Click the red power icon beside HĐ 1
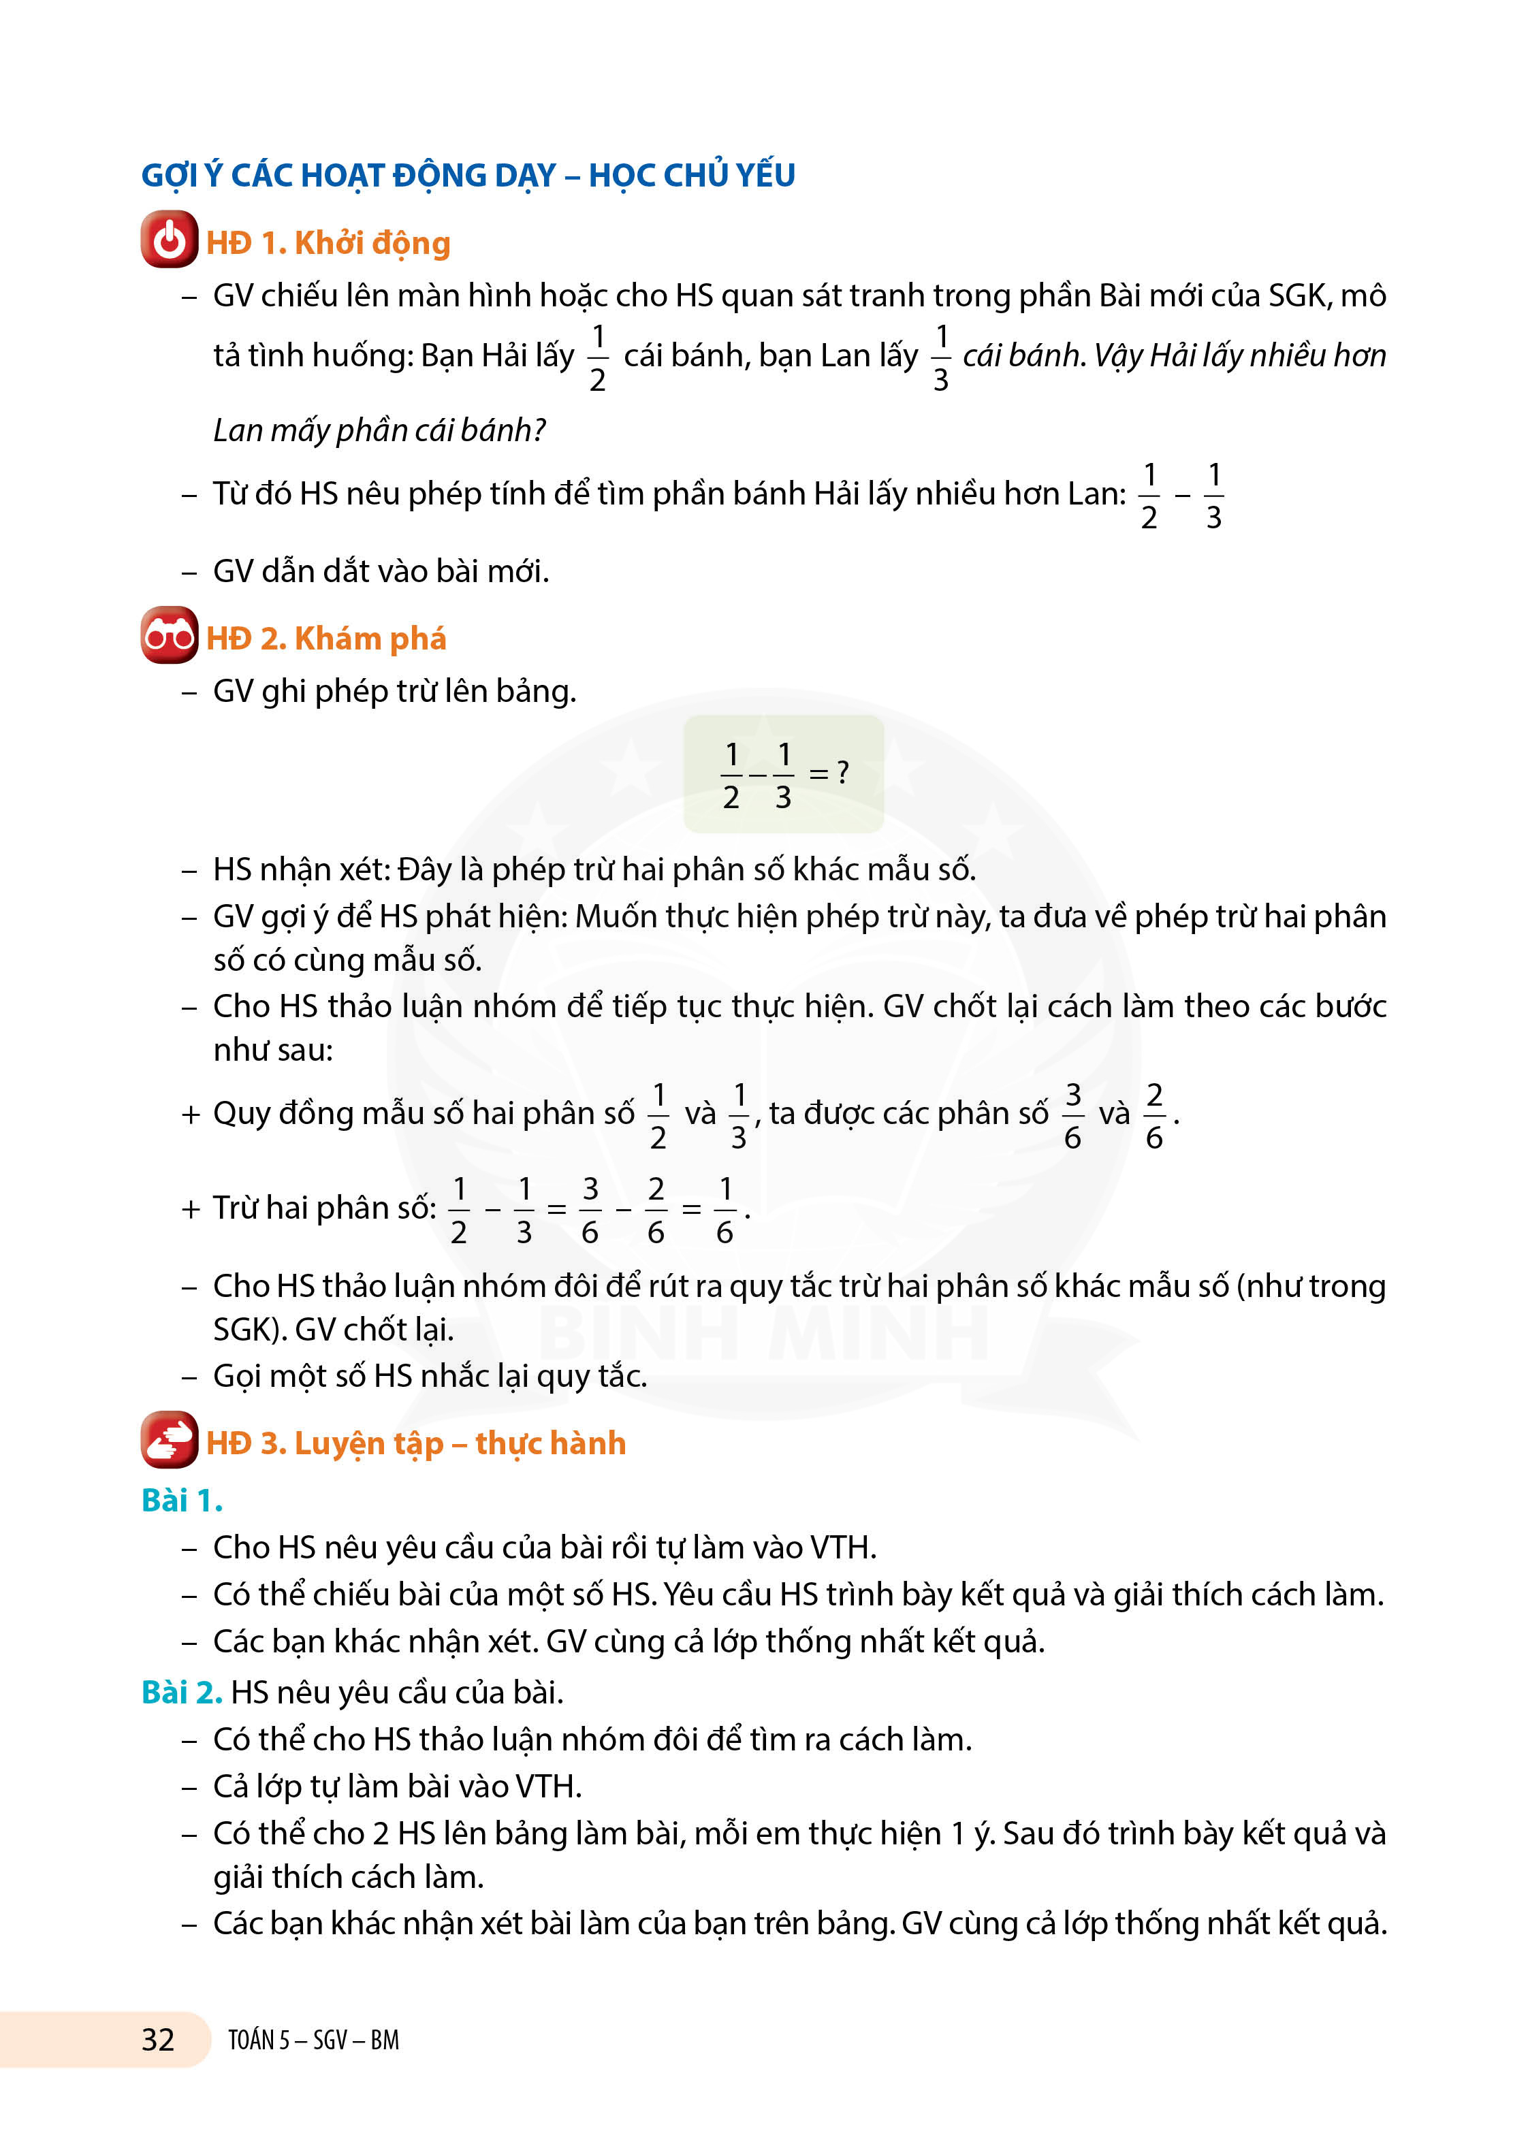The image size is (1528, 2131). (169, 240)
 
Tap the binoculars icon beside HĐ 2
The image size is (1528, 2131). (169, 635)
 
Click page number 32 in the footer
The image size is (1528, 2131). (158, 2039)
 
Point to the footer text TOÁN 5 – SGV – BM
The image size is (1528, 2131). (313, 2040)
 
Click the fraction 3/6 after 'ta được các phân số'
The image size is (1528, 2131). (1072, 1115)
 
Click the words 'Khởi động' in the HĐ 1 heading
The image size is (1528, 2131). (372, 243)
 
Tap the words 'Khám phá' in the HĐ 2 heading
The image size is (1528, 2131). (370, 639)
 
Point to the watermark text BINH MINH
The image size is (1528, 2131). (763, 1332)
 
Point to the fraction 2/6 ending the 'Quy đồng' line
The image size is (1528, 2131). (1154, 1115)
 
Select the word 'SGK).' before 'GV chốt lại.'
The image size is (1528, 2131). (250, 1330)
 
